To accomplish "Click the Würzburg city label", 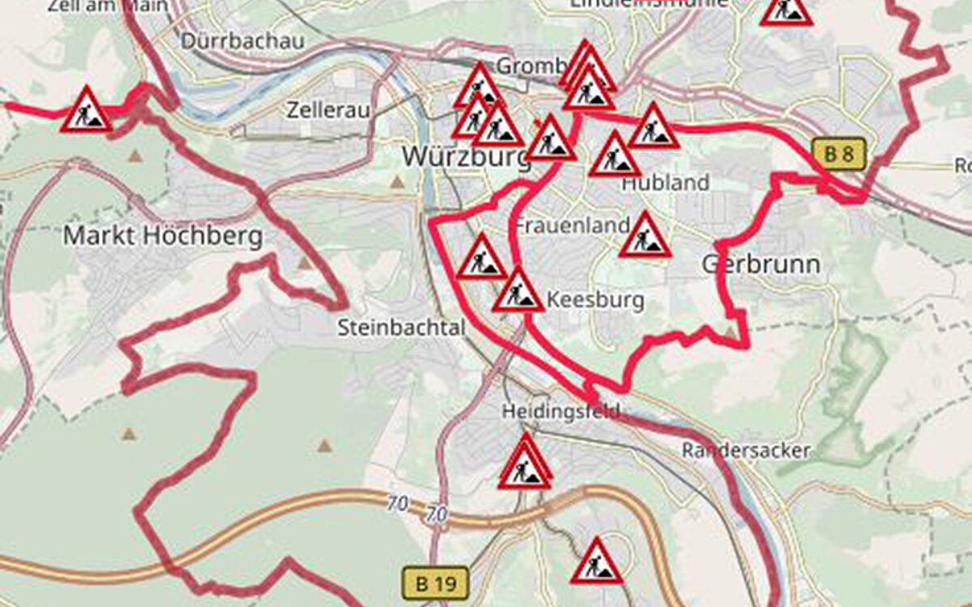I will click(465, 155).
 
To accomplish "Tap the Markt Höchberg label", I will click(163, 236).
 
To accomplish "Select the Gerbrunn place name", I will click(761, 264).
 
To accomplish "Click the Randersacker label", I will click(746, 451).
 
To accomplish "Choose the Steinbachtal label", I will click(402, 328).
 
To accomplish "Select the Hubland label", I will click(665, 183).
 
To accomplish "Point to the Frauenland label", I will click(573, 224).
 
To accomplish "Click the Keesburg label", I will click(596, 300).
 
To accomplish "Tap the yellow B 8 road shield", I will click(839, 154).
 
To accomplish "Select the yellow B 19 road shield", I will click(436, 582).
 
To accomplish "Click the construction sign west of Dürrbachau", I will click(86, 112).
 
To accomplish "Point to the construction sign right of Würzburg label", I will click(551, 140).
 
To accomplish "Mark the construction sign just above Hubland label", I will click(615, 156).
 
